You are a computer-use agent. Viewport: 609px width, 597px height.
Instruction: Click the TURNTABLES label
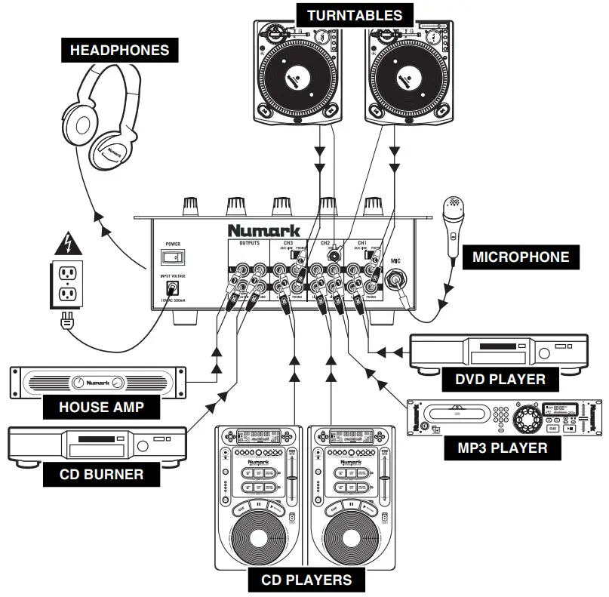355,14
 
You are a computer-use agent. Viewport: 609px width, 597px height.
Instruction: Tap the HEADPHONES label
120,51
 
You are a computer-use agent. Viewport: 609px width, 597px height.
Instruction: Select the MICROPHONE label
521,257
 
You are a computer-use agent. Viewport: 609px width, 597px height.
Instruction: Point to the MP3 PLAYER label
503,448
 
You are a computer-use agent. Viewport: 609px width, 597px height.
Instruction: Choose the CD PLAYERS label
306,580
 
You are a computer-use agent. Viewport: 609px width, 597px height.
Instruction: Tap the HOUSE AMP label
102,408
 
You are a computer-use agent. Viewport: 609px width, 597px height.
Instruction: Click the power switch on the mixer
173,257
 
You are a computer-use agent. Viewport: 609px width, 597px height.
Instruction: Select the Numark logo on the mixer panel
263,229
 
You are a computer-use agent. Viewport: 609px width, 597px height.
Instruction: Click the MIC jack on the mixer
395,282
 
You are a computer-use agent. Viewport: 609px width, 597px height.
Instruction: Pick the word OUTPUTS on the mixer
249,243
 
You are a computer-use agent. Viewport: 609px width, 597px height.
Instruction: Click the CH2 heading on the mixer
325,243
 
